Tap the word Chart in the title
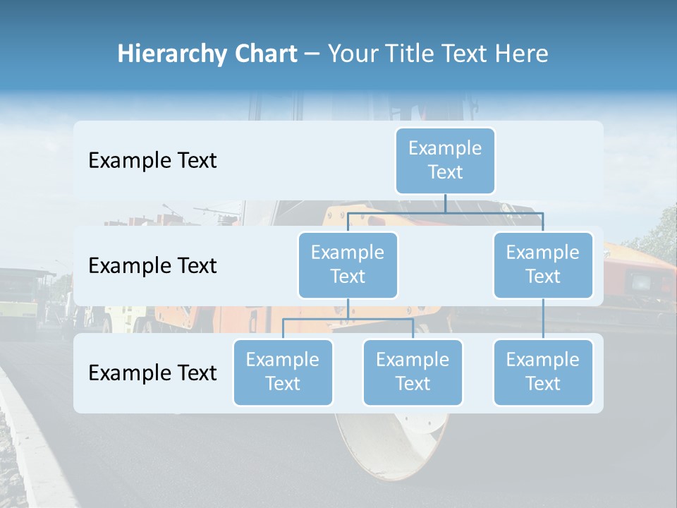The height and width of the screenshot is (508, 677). pyautogui.click(x=264, y=54)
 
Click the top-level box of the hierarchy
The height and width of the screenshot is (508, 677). pyautogui.click(x=445, y=161)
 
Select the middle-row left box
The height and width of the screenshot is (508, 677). pyautogui.click(x=348, y=265)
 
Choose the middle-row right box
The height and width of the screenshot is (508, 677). pyautogui.click(x=543, y=265)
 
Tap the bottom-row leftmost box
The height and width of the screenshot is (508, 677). pyautogui.click(x=283, y=373)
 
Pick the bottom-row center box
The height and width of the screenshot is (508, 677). pyautogui.click(x=413, y=373)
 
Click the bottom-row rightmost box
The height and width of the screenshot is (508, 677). pyautogui.click(x=543, y=373)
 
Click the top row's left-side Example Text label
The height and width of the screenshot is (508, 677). pyautogui.click(x=152, y=161)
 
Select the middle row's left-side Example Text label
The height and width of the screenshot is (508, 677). pyautogui.click(x=152, y=266)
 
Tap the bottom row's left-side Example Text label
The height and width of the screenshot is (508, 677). pyautogui.click(x=152, y=373)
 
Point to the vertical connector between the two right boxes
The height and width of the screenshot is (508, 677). pyautogui.click(x=543, y=319)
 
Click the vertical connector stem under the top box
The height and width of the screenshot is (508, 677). pyautogui.click(x=445, y=203)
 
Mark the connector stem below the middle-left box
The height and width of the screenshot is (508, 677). pyautogui.click(x=348, y=308)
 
